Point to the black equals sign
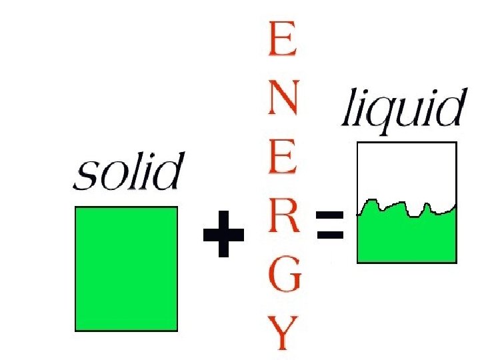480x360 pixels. [x=330, y=225]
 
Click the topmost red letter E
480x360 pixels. [x=281, y=40]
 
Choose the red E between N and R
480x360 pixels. [x=281, y=159]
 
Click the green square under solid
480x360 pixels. [x=126, y=269]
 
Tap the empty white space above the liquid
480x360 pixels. [x=407, y=170]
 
